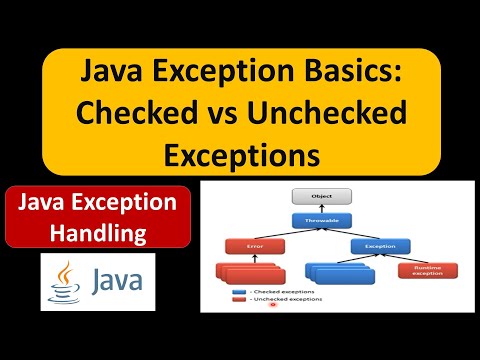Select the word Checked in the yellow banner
tap(133, 115)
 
